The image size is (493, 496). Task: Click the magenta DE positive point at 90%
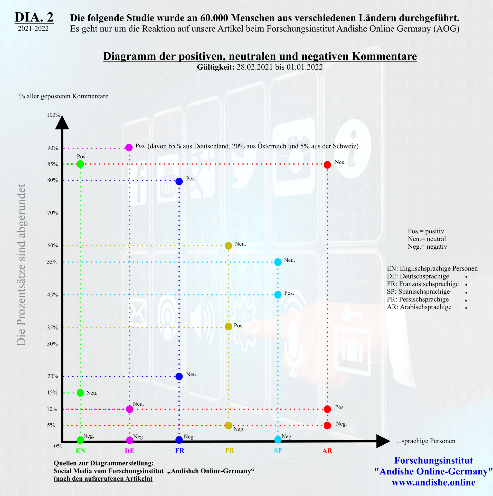pos(129,147)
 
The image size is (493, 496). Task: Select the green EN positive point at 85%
pos(80,164)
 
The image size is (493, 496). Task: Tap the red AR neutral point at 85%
pos(327,165)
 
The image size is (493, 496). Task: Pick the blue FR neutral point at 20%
pos(179,377)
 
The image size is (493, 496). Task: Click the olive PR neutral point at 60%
pos(228,246)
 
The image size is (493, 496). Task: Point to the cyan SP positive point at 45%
pos(278,295)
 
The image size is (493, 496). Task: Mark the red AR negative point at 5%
pos(327,426)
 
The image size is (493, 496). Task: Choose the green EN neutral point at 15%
pos(80,393)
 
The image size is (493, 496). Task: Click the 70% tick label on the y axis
pos(53,213)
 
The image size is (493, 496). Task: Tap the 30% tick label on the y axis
pos(52,344)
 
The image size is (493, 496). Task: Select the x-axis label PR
pos(229,451)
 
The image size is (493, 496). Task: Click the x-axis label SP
pos(278,451)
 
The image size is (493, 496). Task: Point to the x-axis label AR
pos(327,451)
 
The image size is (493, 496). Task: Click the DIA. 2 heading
pos(34,17)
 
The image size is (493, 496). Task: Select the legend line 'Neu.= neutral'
pos(427,239)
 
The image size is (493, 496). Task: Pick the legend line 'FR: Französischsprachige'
pos(423,284)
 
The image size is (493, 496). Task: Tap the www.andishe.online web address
pos(433,482)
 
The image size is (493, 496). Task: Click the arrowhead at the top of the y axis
pos(62,123)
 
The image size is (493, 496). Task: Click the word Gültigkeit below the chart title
pos(215,67)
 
